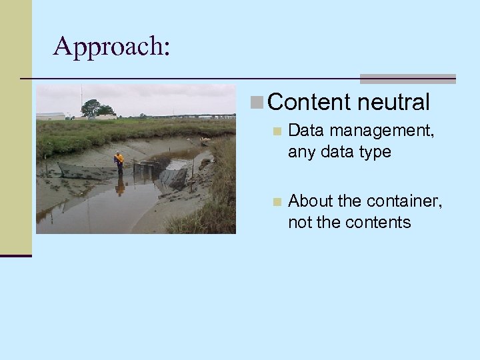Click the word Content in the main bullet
pyautogui.click(x=309, y=102)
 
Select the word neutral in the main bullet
pyautogui.click(x=393, y=102)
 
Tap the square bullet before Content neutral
pyautogui.click(x=258, y=102)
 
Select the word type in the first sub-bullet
pyautogui.click(x=374, y=153)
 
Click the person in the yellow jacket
pyautogui.click(x=119, y=161)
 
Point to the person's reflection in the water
pyautogui.click(x=119, y=185)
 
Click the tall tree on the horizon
pyautogui.click(x=91, y=107)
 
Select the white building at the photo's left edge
pyautogui.click(x=49, y=116)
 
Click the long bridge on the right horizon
pyautogui.click(x=193, y=116)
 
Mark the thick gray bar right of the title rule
pyautogui.click(x=407, y=79)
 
